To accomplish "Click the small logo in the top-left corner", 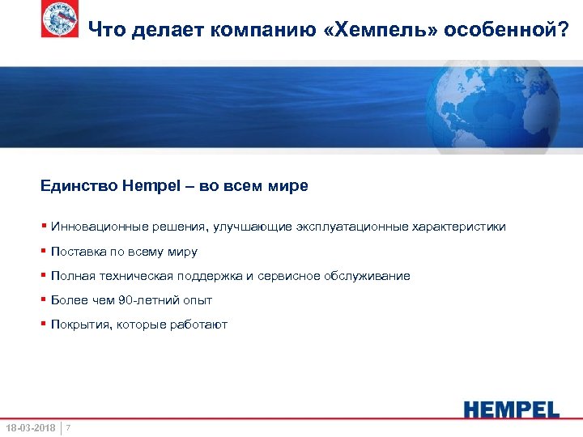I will pyautogui.click(x=60, y=19).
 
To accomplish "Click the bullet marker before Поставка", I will pyautogui.click(x=44, y=252).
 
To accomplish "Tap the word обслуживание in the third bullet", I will pyautogui.click(x=369, y=276).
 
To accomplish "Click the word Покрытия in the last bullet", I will pyautogui.click(x=76, y=325).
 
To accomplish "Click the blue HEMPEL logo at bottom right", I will pyautogui.click(x=511, y=409).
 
